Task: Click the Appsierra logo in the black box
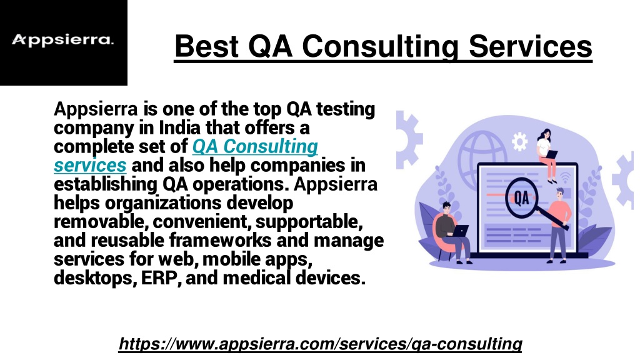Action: tap(63, 40)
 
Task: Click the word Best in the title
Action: tap(206, 46)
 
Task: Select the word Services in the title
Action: tap(530, 46)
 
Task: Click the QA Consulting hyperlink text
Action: tap(255, 146)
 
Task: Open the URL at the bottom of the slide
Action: tap(321, 344)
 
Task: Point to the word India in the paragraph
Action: tap(179, 127)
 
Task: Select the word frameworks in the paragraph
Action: tap(221, 240)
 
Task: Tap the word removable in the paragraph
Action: tap(101, 221)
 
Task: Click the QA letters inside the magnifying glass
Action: tap(521, 198)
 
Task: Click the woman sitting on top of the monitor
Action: tap(546, 156)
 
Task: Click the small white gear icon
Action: tap(519, 142)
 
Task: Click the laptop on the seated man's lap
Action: tap(460, 231)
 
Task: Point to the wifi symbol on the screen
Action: tap(565, 177)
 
